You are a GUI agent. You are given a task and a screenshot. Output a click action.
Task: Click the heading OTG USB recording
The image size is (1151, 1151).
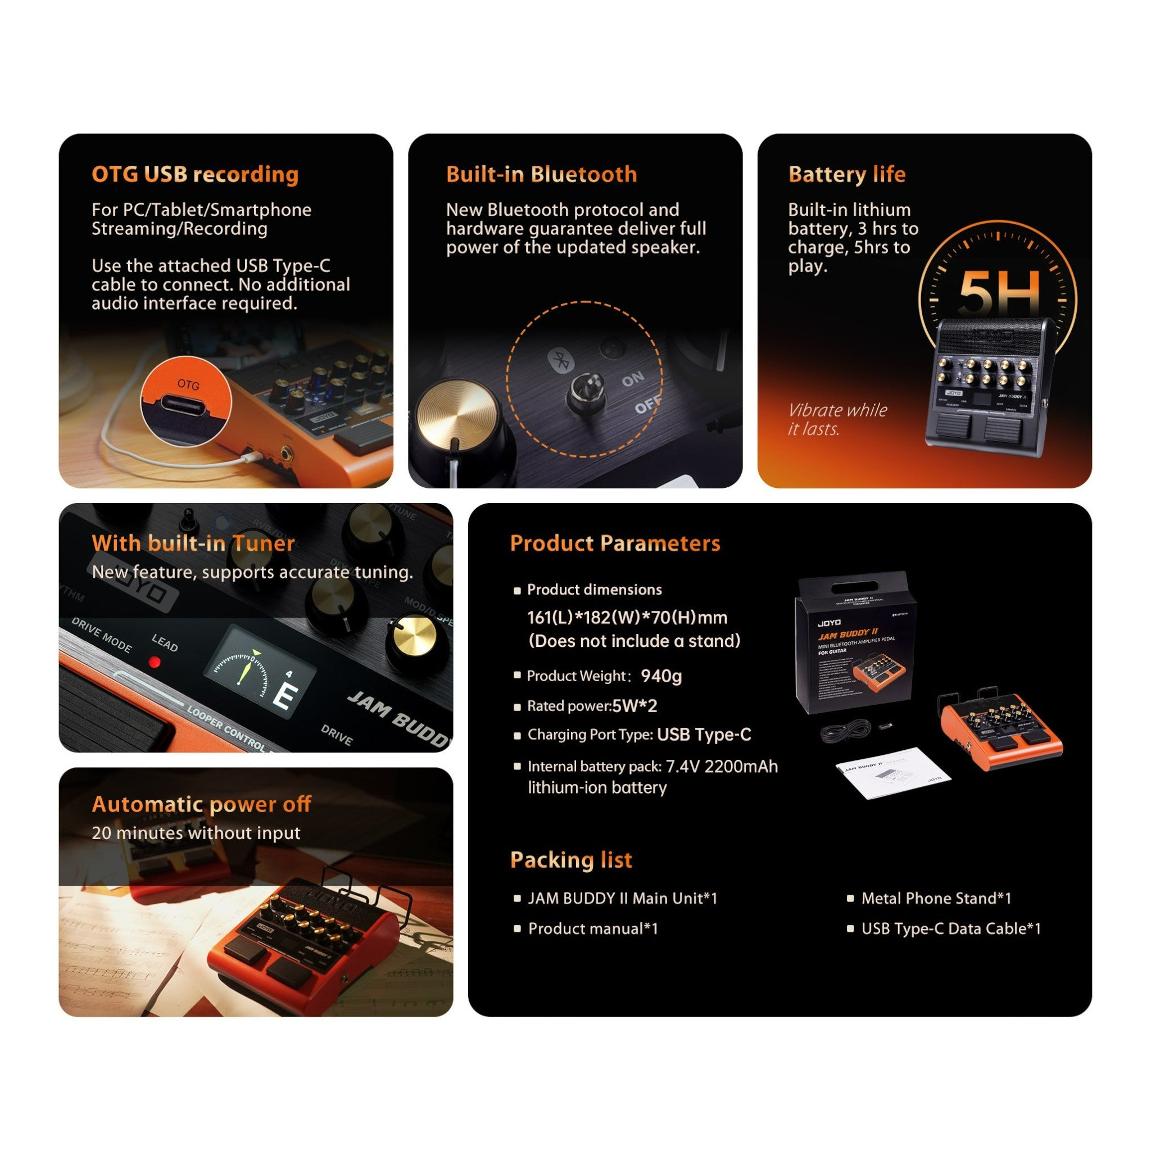pos(195,174)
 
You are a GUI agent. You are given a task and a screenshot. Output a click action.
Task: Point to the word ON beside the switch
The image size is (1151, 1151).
pos(633,378)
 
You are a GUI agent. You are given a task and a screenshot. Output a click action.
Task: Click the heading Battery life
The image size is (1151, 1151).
pos(846,174)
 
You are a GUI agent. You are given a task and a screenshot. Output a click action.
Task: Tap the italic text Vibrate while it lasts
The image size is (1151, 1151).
pos(836,419)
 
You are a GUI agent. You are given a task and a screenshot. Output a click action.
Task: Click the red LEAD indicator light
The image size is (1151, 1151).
pos(155,662)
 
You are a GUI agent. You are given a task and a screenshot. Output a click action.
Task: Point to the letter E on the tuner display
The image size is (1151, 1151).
pos(286,696)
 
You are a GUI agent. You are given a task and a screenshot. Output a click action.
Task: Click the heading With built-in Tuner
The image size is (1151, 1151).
pos(193,543)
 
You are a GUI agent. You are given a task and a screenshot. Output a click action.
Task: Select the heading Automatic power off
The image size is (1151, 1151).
pos(201,804)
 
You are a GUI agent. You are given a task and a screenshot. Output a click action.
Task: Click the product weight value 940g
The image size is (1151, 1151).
pos(661,676)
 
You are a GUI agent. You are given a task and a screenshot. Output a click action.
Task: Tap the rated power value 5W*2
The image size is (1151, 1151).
pos(635,706)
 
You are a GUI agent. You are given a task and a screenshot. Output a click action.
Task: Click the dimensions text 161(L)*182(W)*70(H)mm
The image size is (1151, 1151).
pos(627,617)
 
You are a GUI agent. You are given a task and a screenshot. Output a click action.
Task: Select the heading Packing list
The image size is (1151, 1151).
pos(571,860)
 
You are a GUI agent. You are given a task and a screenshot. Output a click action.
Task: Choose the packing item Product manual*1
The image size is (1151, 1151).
pos(593,928)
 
